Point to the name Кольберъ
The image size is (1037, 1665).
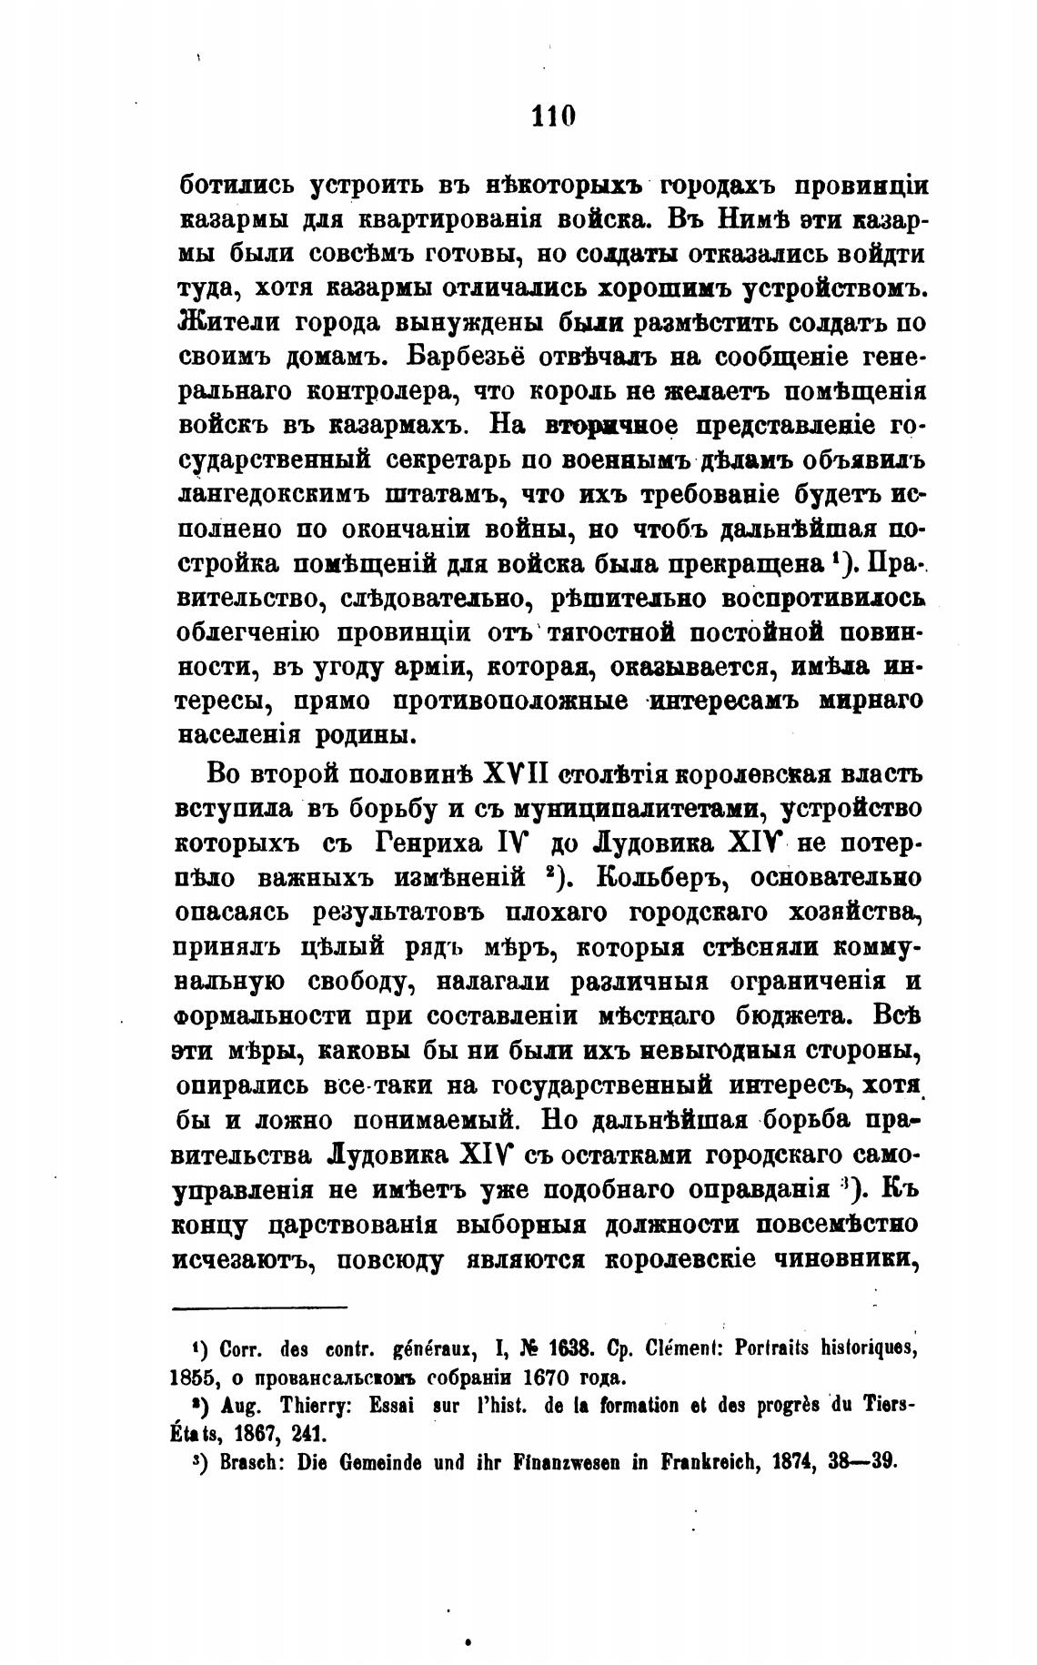click(x=648, y=877)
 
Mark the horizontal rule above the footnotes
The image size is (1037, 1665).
click(x=260, y=1308)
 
